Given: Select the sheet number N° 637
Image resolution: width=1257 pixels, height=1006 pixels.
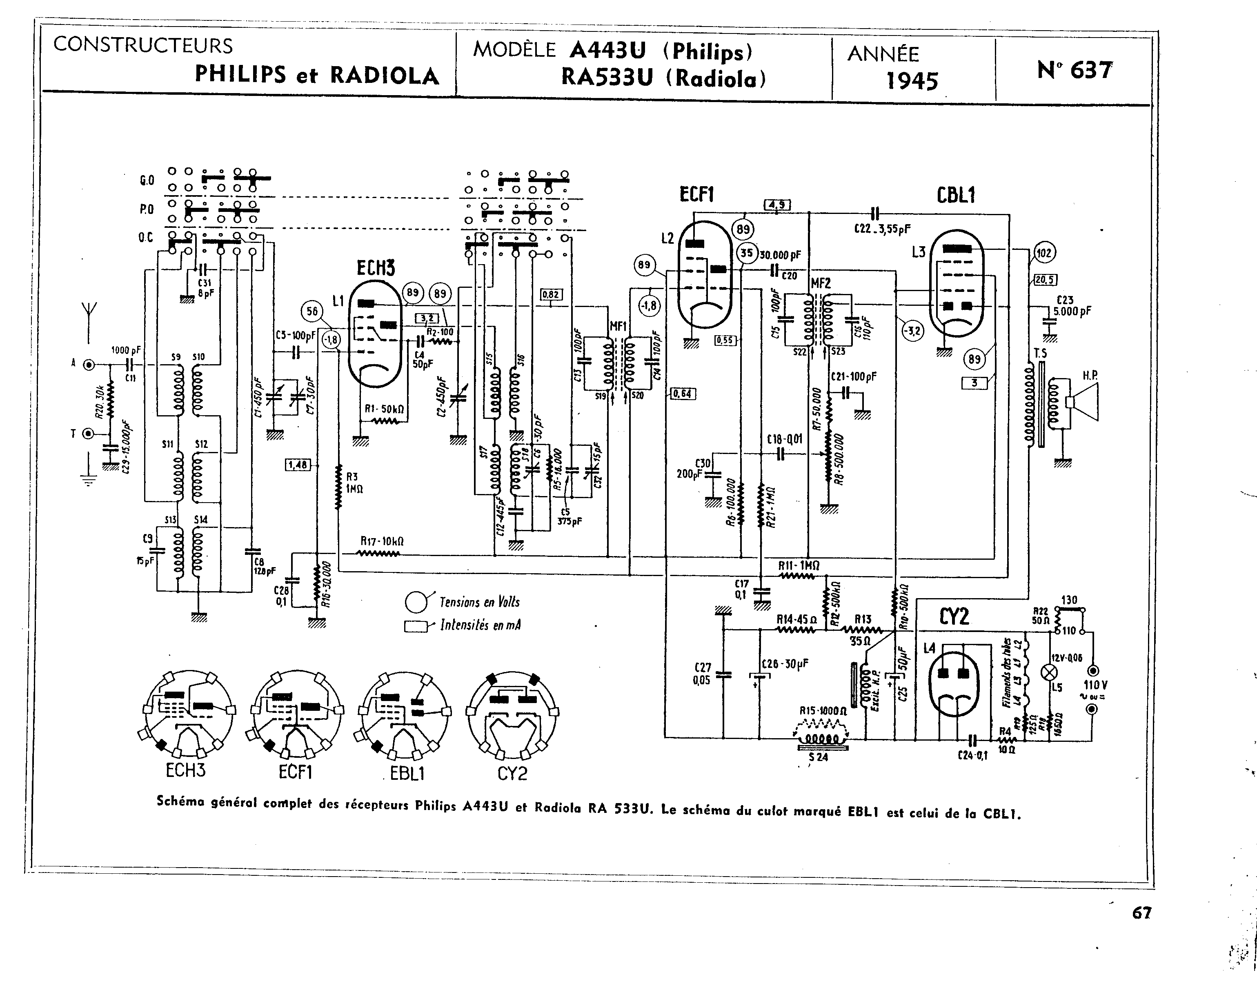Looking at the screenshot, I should [1075, 71].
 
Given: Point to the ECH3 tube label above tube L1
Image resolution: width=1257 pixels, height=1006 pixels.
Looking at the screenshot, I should [376, 268].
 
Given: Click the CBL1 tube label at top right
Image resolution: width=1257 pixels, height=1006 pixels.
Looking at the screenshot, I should [956, 196].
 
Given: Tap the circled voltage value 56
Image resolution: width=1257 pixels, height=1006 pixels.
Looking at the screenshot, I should [312, 312].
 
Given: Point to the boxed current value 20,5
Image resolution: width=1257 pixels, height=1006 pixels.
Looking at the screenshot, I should [1045, 280].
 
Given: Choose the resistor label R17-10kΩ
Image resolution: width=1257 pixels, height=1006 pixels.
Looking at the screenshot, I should [382, 541].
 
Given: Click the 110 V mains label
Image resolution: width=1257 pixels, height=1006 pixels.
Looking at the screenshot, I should [1095, 685].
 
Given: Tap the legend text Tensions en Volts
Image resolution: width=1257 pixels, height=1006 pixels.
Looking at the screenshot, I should [479, 602].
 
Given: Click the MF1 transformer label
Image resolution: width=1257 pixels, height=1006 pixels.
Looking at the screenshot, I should [617, 327].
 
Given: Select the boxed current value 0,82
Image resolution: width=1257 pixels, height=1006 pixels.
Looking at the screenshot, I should [551, 294].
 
